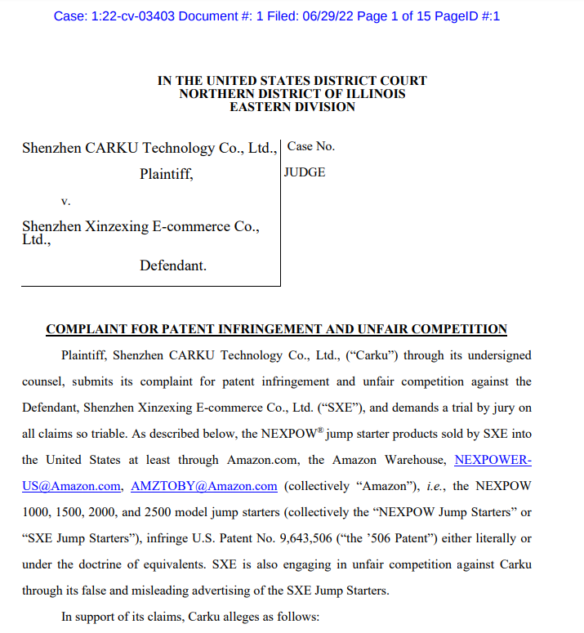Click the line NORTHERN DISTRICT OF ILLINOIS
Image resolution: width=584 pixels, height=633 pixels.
[x=292, y=94]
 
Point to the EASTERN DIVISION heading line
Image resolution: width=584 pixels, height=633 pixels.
[x=292, y=107]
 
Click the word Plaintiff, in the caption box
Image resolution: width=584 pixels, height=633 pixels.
[x=166, y=173]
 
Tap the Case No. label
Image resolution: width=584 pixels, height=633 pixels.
[x=311, y=147]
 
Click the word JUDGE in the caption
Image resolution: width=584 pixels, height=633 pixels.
[x=305, y=172]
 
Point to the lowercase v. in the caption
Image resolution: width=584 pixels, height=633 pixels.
[x=66, y=200]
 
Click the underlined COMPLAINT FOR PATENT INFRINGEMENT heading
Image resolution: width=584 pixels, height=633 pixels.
[x=276, y=329]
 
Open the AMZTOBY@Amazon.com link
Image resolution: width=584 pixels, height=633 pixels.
[x=203, y=486]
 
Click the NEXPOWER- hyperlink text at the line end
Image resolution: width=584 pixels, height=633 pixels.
[x=493, y=460]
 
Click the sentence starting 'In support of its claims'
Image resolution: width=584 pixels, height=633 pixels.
[x=189, y=617]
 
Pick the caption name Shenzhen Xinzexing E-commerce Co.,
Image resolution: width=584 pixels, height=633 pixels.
[x=140, y=226]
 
